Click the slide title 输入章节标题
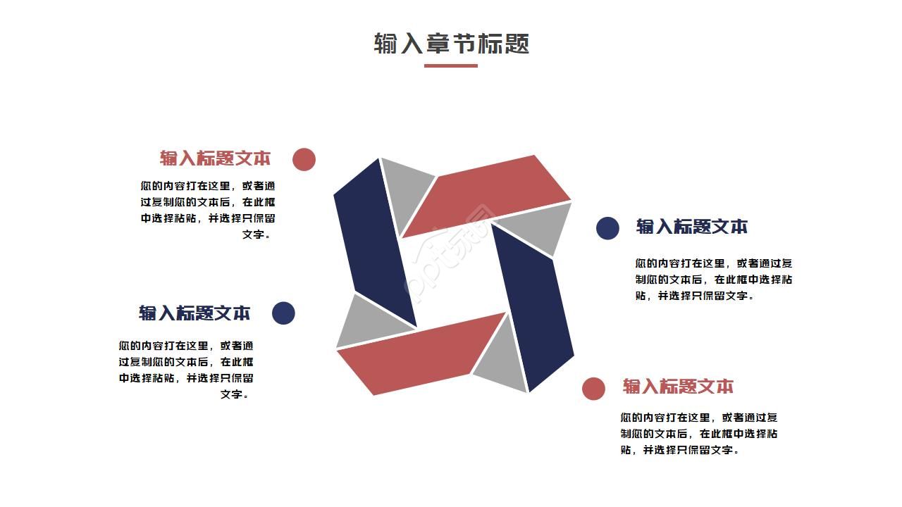coord(451,44)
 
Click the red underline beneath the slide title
coord(451,66)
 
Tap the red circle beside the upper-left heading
coord(304,160)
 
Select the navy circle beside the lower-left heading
coord(283,313)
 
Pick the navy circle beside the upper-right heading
coord(607,228)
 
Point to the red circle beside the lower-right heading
coord(593,389)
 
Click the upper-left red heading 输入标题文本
coord(215,158)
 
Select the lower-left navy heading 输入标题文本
coord(194,313)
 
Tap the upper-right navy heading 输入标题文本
coord(692,227)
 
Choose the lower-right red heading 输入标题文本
coord(678,387)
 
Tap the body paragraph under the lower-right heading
coord(699,434)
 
